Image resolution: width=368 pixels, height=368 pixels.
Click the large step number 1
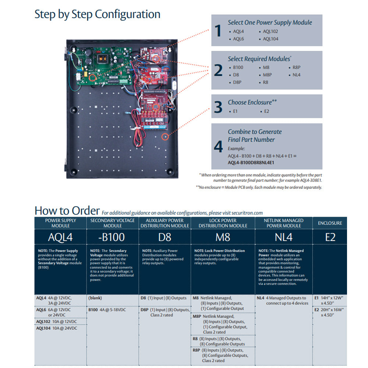pyautogui.click(x=218, y=31)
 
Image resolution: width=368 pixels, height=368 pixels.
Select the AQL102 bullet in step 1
pyautogui.click(x=270, y=32)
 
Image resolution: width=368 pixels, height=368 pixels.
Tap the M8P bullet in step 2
pyautogui.click(x=267, y=75)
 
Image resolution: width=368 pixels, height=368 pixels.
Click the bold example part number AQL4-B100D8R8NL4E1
pyautogui.click(x=251, y=162)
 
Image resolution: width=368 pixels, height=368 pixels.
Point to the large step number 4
pyautogui.click(x=218, y=147)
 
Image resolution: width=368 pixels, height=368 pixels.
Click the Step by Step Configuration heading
pyautogui.click(x=97, y=14)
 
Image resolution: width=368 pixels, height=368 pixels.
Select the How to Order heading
pyautogui.click(x=67, y=210)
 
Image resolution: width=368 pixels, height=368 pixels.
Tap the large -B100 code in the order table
pyautogui.click(x=112, y=237)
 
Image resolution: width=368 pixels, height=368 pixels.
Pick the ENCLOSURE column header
pyautogui.click(x=330, y=223)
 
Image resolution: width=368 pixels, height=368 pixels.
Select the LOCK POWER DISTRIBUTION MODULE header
pyautogui.click(x=223, y=223)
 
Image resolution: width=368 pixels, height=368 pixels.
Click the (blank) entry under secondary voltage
pyautogui.click(x=95, y=298)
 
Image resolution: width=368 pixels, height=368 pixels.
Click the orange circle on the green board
pyautogui.click(x=93, y=77)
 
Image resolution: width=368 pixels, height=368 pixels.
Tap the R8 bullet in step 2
pyautogui.click(x=265, y=82)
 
